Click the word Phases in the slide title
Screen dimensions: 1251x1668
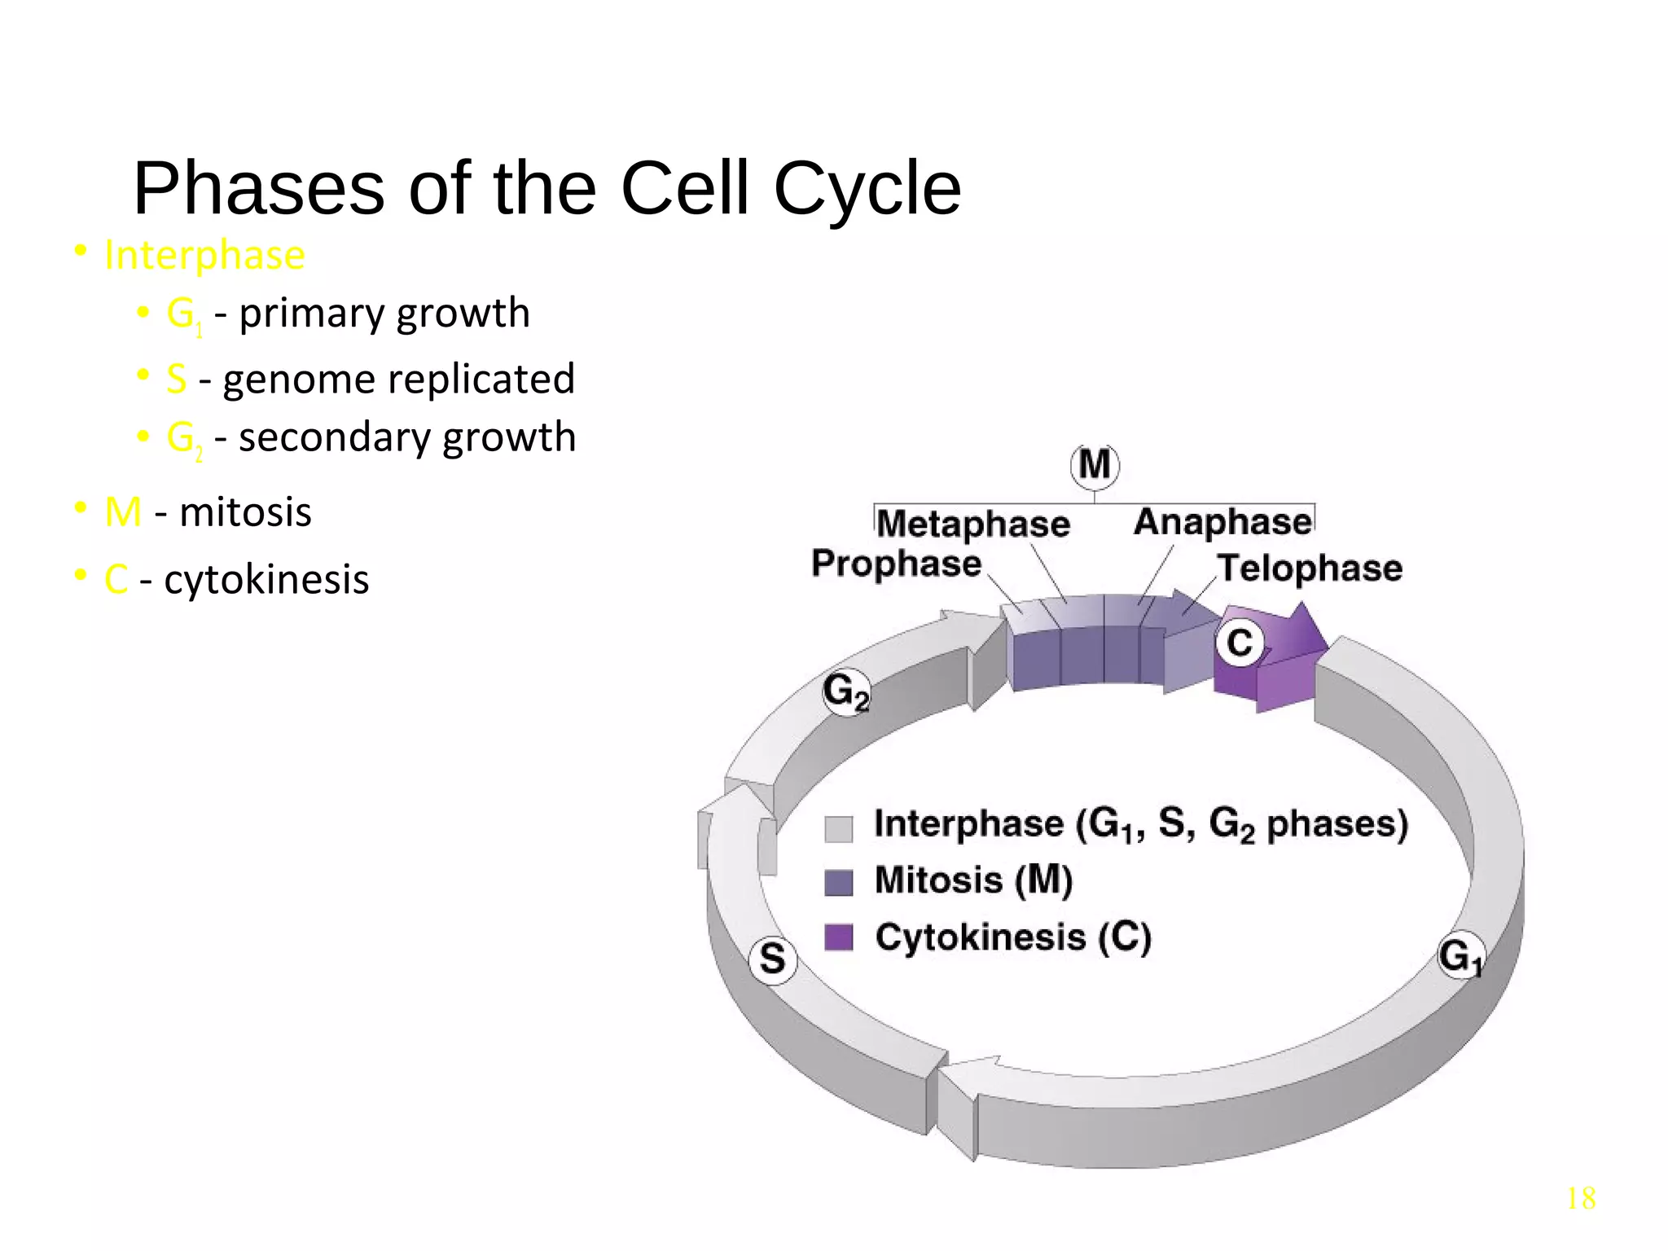(x=259, y=189)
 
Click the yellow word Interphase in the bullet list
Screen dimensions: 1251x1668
(x=204, y=255)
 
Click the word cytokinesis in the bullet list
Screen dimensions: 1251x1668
(x=266, y=580)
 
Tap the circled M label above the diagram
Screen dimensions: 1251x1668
(x=1094, y=466)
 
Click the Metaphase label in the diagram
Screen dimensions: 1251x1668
(x=973, y=524)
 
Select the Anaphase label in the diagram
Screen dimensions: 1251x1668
(x=1222, y=522)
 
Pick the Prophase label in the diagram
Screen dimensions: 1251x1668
(x=896, y=564)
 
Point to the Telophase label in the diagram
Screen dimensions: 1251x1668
(x=1309, y=568)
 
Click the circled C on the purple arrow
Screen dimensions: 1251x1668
(x=1240, y=643)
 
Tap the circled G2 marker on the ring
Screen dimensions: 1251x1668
(x=846, y=692)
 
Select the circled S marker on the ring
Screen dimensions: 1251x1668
(x=772, y=959)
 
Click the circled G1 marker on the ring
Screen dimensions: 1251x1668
(x=1460, y=955)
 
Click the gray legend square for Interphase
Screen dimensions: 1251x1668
(x=838, y=828)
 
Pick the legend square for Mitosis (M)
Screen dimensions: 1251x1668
(x=838, y=883)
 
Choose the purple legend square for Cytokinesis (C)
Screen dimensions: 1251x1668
(x=838, y=937)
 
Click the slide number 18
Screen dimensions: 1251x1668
(x=1580, y=1199)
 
